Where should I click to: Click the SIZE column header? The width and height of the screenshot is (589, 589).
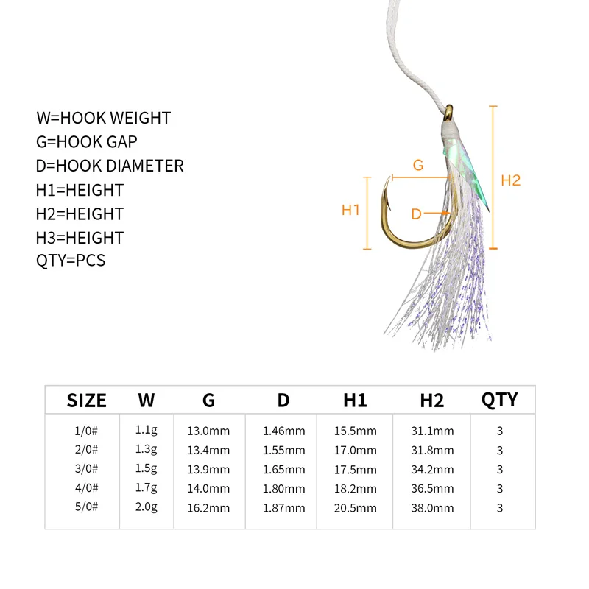pos(87,401)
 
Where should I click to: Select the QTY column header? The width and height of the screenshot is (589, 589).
pos(499,399)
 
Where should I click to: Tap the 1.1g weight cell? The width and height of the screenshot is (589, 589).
pos(145,431)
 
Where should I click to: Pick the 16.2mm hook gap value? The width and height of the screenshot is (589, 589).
pos(208,508)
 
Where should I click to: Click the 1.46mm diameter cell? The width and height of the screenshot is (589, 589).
pos(283,431)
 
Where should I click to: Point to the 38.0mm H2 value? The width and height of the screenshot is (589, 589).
pos(432,508)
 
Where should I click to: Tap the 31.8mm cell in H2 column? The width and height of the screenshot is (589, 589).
pos(432,451)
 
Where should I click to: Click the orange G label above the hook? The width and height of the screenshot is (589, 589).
pos(418,166)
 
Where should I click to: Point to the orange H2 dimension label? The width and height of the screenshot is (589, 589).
pos(510,180)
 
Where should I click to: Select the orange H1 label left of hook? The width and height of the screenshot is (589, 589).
pos(350,210)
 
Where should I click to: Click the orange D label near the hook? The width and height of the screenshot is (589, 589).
pos(416,214)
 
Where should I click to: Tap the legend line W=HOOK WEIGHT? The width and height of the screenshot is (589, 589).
pos(103,118)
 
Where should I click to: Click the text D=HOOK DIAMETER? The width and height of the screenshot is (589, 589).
pos(110,166)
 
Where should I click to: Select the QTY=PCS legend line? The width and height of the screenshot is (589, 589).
pos(71,261)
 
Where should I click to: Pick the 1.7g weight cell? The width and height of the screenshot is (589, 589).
pos(145,489)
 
